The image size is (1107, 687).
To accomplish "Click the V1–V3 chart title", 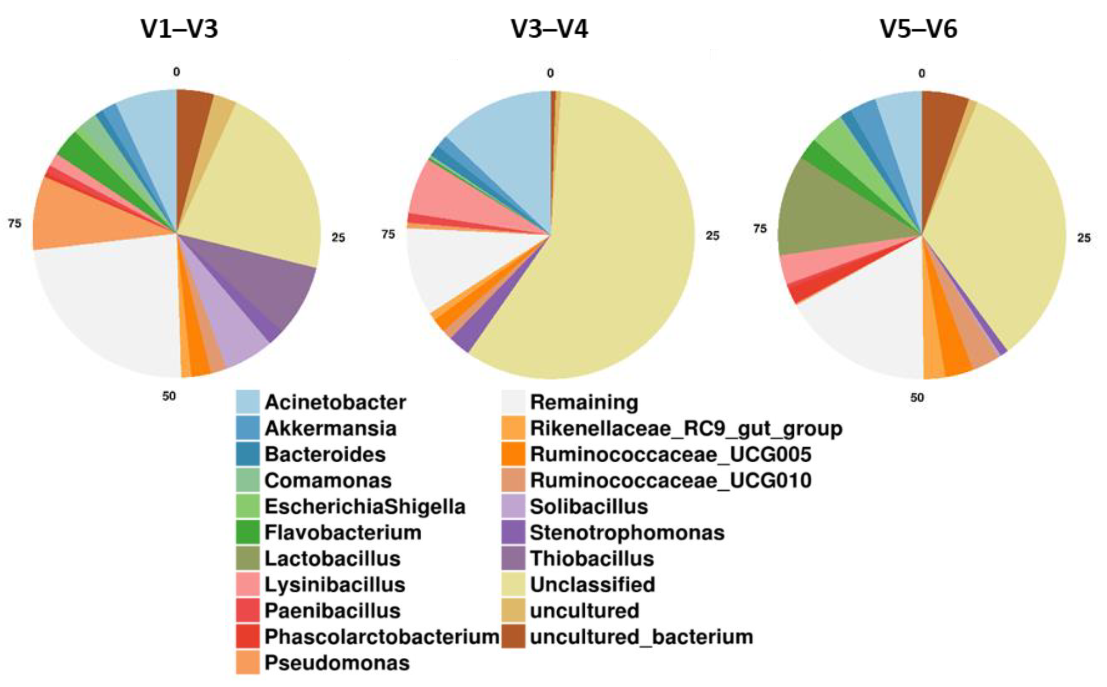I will point(180,29).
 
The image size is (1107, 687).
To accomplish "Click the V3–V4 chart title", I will point(550,29).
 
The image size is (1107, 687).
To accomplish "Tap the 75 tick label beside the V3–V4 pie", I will point(388,234).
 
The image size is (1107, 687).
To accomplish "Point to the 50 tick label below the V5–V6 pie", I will point(917,397).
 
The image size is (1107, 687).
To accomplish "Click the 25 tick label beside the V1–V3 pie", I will point(338,238).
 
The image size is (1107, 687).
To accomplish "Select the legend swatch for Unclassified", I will point(514,585).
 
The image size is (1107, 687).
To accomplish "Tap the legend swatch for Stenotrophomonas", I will point(514,532).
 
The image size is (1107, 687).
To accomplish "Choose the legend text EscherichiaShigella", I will point(365,507).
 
